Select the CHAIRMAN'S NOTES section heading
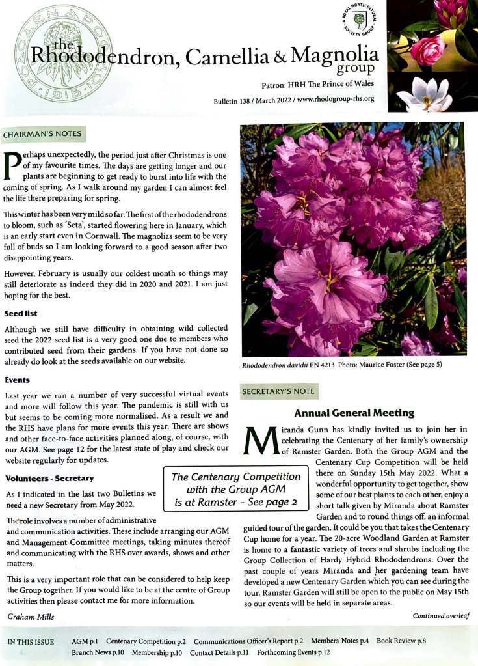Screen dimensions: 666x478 coord(43,135)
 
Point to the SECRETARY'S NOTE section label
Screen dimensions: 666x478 coord(279,392)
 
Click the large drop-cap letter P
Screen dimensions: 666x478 coord(14,167)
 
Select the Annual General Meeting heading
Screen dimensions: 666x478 coord(354,413)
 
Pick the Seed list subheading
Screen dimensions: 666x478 coord(21,313)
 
